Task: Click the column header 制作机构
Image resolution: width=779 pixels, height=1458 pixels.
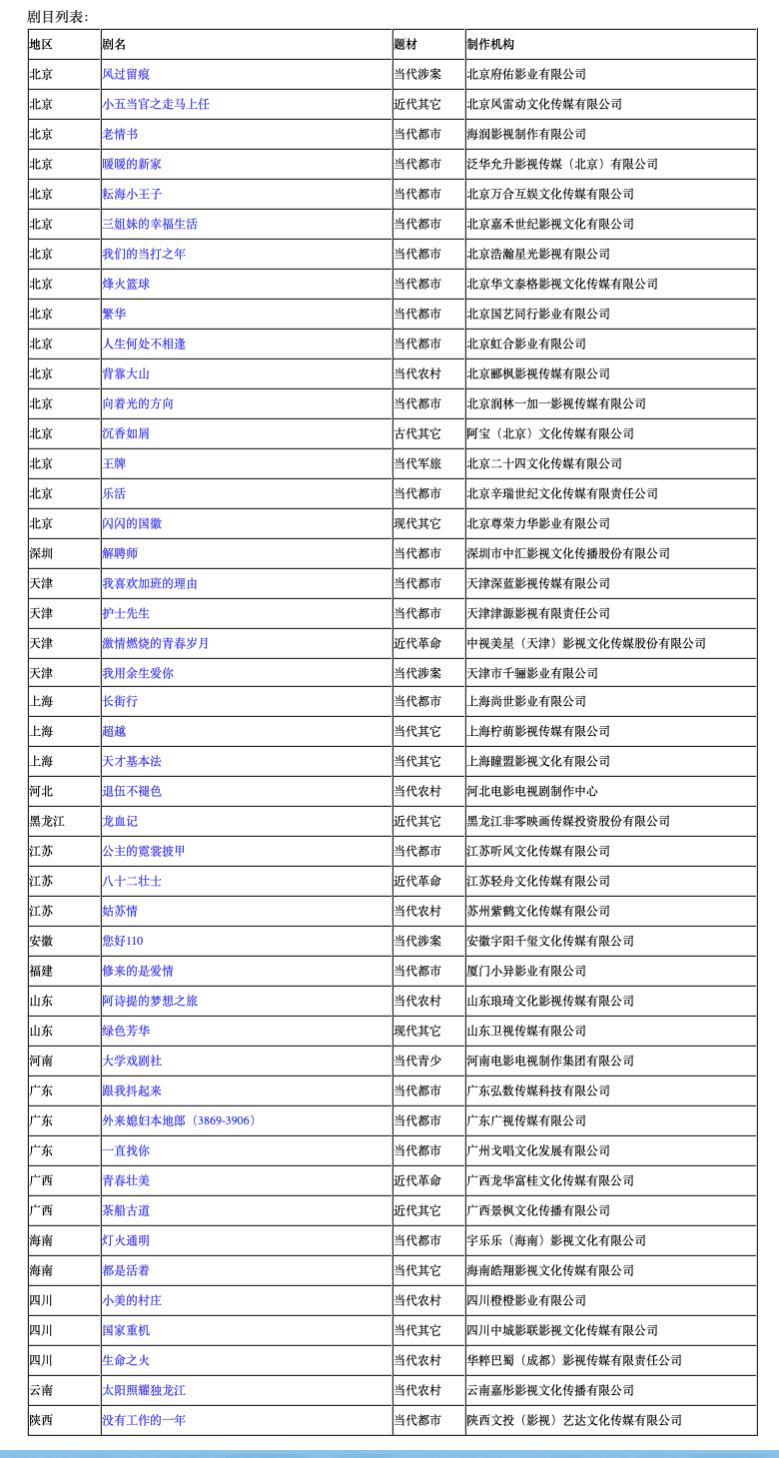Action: coord(490,45)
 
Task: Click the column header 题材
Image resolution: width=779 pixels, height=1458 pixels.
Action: coord(405,45)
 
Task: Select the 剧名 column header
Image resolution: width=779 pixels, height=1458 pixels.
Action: coord(114,45)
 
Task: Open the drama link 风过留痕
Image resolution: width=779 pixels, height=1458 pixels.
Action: coord(126,74)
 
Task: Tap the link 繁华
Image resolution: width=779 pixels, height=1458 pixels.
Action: coord(114,314)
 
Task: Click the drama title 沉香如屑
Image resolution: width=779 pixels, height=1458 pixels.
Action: coord(126,433)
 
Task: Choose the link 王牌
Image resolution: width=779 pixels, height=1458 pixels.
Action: coord(114,463)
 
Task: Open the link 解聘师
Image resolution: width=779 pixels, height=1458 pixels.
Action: coord(120,553)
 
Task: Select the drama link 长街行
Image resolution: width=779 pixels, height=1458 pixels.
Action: coord(120,701)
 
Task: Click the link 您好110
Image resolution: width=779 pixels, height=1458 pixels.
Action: coord(123,941)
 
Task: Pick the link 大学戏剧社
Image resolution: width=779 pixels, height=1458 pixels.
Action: coord(132,1061)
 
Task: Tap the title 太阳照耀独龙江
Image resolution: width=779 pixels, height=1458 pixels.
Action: coord(144,1390)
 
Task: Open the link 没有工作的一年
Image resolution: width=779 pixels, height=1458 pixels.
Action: coord(144,1420)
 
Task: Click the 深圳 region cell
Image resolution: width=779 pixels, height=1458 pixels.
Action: coord(41,553)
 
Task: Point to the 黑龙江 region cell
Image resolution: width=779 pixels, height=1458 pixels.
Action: coord(47,821)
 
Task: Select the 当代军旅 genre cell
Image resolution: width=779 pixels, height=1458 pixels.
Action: coord(417,463)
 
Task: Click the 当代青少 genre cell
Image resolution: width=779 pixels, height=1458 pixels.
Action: coord(417,1061)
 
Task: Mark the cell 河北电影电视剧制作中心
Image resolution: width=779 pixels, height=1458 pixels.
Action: coord(532,791)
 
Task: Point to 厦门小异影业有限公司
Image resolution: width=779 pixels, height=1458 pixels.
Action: coord(526,971)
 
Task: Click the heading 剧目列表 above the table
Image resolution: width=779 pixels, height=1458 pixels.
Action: coord(57,17)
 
